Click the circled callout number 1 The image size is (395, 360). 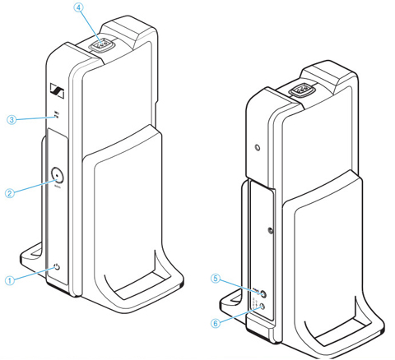10,279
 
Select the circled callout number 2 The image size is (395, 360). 10,193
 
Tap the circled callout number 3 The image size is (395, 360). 10,120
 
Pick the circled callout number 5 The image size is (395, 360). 216,279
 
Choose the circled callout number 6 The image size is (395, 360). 216,323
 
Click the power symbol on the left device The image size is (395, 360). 56,267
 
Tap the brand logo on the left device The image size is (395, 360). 57,91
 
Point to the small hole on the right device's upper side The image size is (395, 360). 258,148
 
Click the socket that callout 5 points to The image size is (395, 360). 261,293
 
